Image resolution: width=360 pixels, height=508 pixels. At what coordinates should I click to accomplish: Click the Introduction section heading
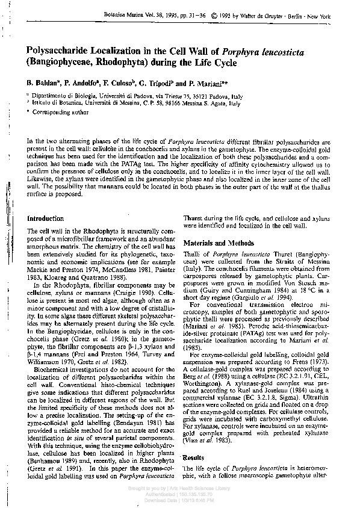coord(46,218)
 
